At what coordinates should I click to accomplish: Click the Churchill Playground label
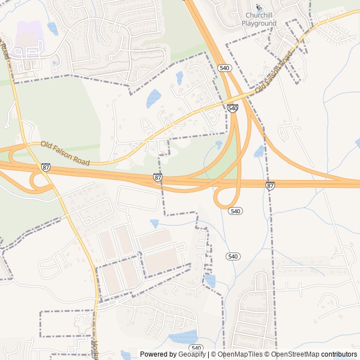pos(259,19)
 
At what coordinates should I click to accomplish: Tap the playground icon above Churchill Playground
pos(259,7)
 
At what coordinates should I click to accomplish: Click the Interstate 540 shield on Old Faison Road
pos(233,107)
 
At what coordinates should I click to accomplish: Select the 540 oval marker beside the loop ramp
pos(235,211)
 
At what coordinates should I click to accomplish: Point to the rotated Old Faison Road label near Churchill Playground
pos(274,73)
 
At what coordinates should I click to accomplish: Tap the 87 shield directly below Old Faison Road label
pos(46,168)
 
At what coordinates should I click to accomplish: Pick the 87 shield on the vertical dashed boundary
pos(271,186)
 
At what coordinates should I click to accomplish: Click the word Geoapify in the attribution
pos(192,354)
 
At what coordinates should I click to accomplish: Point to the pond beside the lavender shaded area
pos(53,28)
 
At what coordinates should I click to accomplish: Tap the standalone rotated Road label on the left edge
pos(6,49)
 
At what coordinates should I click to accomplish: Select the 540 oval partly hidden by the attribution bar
pos(195,348)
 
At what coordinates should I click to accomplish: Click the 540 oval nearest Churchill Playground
pos(225,67)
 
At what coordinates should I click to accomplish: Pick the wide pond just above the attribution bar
pos(183,337)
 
